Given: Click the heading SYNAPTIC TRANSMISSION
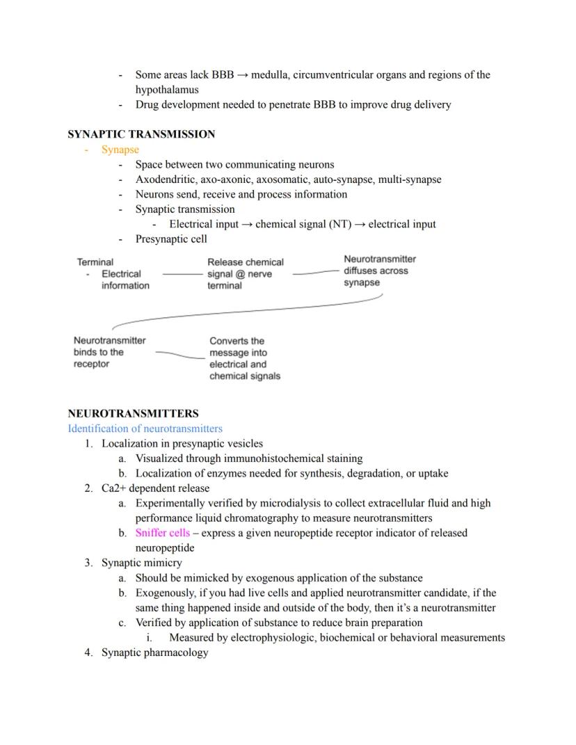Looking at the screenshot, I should pos(141,134).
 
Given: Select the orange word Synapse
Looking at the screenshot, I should pos(120,150).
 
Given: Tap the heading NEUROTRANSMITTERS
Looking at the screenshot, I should pos(133,413).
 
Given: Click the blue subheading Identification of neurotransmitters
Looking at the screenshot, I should pos(145,428).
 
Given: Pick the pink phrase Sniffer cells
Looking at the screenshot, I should pos(162,533).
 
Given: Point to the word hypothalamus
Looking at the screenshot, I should pos(167,90).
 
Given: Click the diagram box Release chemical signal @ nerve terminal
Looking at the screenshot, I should pos(245,274).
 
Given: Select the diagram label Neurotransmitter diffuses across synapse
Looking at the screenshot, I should pos(379,271).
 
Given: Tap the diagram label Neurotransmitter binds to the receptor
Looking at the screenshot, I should pos(109,352).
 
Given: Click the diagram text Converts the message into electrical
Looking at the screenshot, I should pos(244,358).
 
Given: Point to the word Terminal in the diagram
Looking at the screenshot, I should pos(95,262).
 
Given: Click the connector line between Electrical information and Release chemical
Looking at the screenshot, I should pos(182,275).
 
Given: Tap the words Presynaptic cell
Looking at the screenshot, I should pos(171,239).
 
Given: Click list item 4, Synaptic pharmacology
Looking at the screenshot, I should pos(154,652).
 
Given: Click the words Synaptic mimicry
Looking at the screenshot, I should pos(142,563).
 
